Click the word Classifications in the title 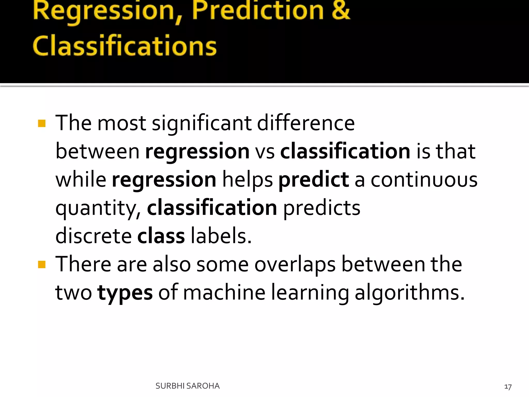[x=125, y=46]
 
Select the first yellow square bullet [x=42, y=123]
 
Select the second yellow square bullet [x=42, y=264]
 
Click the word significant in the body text [x=201, y=123]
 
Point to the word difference [x=306, y=123]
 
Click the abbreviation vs [x=265, y=151]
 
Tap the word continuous [x=424, y=180]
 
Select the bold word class [x=161, y=236]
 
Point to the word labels [x=221, y=236]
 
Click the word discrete [x=94, y=236]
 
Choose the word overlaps [x=295, y=265]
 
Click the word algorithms [x=409, y=293]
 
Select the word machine [x=224, y=293]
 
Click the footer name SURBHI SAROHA [x=188, y=386]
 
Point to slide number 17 [x=508, y=387]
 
